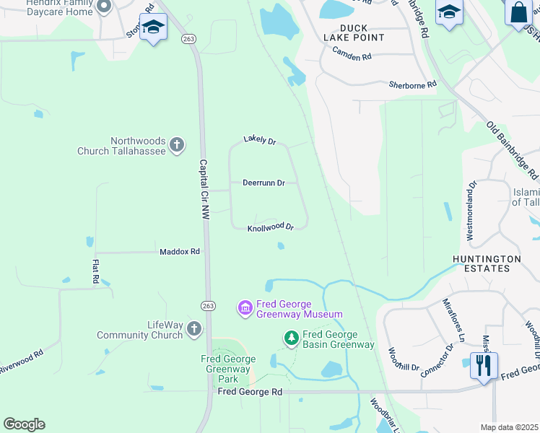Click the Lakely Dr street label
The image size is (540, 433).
pos(260,139)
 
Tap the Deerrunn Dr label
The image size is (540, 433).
pos(264,183)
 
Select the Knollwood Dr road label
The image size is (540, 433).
pos(271,227)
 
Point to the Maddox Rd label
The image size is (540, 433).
pos(179,252)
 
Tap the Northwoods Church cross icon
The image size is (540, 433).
pos(177,146)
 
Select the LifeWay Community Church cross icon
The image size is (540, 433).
pos(193,330)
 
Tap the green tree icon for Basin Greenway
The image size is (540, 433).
pos(291,337)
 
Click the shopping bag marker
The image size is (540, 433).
pos(518,12)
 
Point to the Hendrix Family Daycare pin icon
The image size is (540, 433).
pos(103,7)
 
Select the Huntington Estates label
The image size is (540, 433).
pos(487,263)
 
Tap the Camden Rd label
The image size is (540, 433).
pos(352,53)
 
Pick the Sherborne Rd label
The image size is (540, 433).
pos(413,84)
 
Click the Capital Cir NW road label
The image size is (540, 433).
pos(204,190)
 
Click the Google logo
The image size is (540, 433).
pos(24,424)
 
